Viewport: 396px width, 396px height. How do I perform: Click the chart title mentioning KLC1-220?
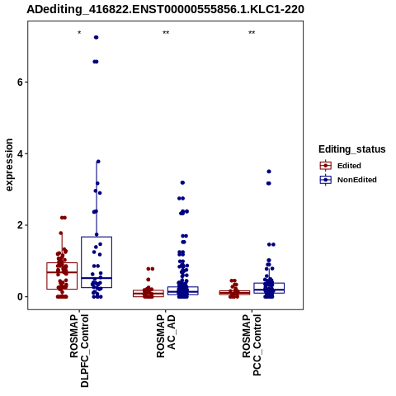(x=165, y=9)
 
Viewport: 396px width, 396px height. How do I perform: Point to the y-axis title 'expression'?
(x=9, y=165)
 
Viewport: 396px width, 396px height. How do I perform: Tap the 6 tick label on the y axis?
(x=20, y=82)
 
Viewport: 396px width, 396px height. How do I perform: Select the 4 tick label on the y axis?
(x=20, y=153)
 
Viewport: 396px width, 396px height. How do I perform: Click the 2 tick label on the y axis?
(x=20, y=225)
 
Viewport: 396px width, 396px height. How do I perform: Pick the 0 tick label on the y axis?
(x=20, y=297)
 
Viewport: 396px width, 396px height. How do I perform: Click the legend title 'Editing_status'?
(x=352, y=149)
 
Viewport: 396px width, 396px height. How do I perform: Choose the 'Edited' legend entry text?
(x=349, y=166)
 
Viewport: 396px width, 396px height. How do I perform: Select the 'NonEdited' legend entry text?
(x=357, y=180)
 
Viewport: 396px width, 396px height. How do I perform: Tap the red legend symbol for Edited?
(x=326, y=166)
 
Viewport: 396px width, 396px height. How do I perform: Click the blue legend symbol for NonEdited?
(x=326, y=180)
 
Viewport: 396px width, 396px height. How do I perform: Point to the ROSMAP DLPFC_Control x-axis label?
(x=79, y=351)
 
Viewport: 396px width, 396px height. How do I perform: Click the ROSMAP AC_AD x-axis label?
(x=166, y=337)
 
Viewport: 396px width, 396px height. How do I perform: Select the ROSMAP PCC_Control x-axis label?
(x=252, y=345)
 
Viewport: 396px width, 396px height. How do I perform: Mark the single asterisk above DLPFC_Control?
(x=79, y=33)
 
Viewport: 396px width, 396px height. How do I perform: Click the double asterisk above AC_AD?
(x=166, y=33)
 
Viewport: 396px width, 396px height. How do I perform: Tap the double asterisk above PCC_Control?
(x=252, y=33)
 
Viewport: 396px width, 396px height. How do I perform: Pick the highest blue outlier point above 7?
(x=97, y=37)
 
